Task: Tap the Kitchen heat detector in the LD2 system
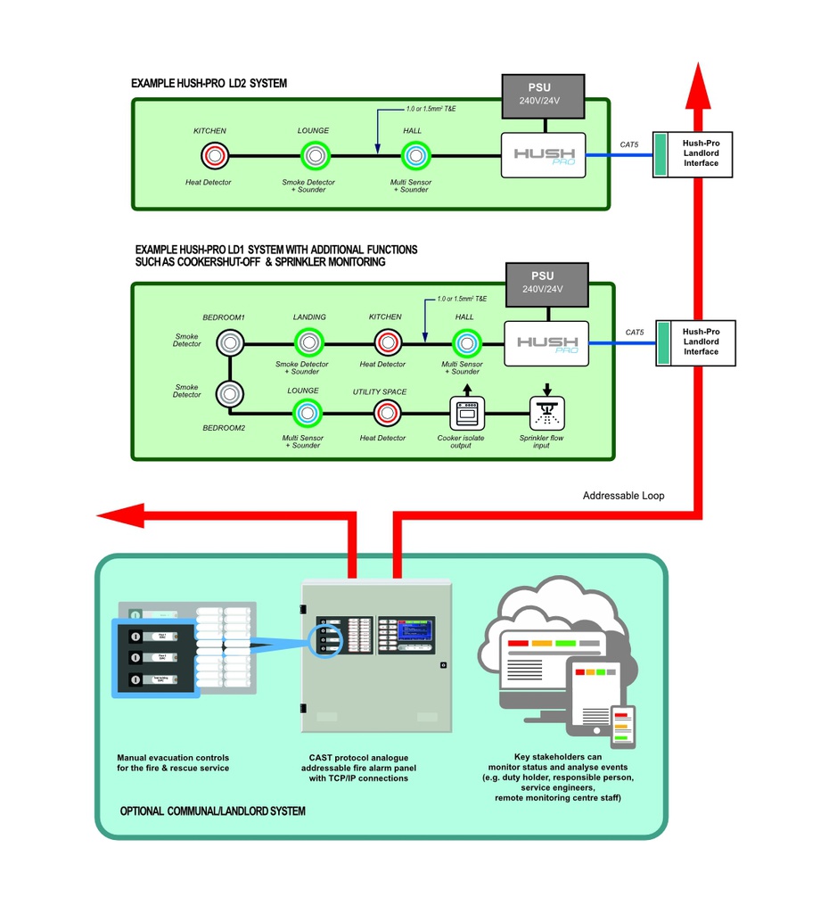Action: tap(214, 156)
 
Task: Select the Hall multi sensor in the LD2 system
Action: tap(413, 156)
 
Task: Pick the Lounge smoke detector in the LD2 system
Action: tap(314, 156)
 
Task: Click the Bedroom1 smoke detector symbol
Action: tap(230, 342)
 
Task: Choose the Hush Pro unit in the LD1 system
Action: tap(546, 343)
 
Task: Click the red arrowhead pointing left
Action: tap(120, 515)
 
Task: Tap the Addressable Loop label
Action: tap(623, 496)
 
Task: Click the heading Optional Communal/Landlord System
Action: tap(212, 811)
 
